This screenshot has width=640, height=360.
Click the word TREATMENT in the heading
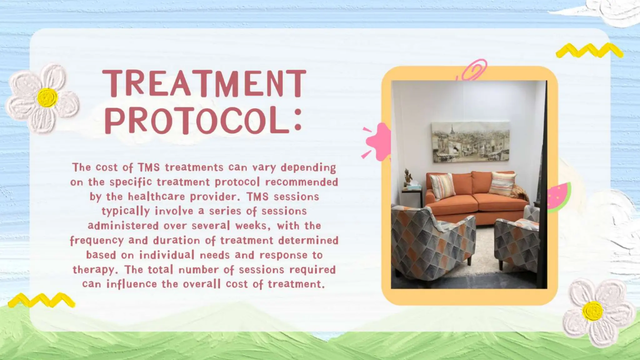click(204, 83)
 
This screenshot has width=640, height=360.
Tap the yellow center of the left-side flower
click(47, 97)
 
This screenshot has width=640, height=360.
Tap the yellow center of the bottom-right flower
click(592, 311)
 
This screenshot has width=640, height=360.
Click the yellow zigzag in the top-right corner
click(589, 51)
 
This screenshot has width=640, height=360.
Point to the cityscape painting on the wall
click(471, 142)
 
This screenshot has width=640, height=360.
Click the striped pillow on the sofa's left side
click(442, 186)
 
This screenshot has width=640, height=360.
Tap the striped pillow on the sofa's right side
click(502, 184)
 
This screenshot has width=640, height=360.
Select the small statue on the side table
click(407, 177)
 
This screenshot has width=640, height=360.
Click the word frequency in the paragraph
click(97, 241)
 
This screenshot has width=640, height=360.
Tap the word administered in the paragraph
click(123, 226)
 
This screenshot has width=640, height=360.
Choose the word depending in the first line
click(308, 168)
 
